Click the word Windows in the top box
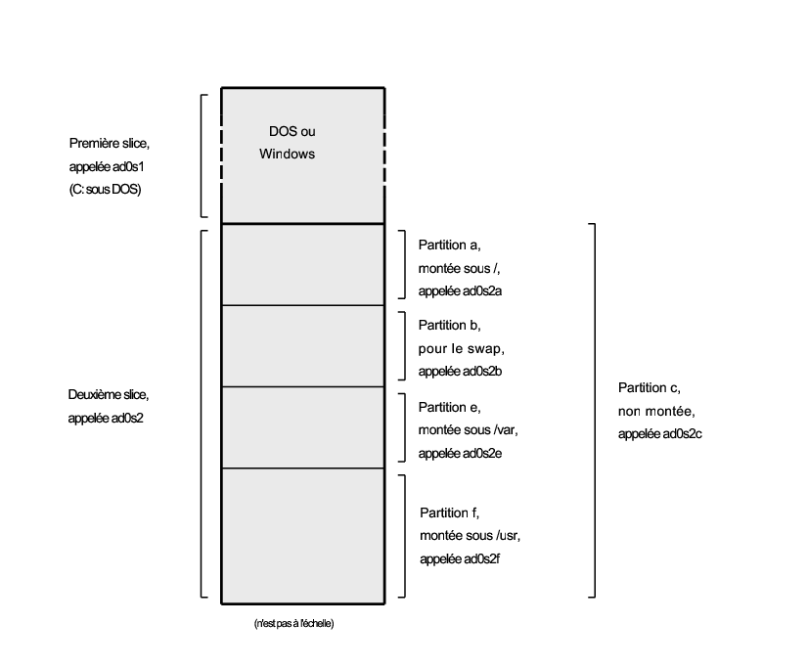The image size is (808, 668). click(287, 154)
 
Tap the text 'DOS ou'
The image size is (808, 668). click(292, 131)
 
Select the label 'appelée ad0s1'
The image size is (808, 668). click(107, 167)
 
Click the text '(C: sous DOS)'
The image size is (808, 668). click(105, 189)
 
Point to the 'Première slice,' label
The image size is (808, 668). click(110, 143)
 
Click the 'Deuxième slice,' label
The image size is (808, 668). click(109, 395)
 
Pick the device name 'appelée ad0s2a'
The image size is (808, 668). click(460, 291)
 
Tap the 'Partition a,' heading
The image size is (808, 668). click(449, 245)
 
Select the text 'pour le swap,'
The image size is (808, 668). click(461, 349)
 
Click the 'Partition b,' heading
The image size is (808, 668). click(449, 326)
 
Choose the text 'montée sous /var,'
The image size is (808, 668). click(468, 430)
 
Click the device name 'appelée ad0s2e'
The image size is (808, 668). click(460, 453)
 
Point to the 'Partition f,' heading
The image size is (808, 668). click(449, 512)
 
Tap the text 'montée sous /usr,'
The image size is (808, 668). click(470, 536)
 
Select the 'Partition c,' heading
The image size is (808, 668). click(650, 388)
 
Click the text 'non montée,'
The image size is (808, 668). click(656, 411)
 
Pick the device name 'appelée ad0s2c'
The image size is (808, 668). click(660, 434)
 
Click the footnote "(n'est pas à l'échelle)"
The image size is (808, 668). click(293, 624)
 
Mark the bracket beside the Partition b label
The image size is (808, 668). click(405, 345)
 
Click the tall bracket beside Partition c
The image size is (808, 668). click(595, 411)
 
